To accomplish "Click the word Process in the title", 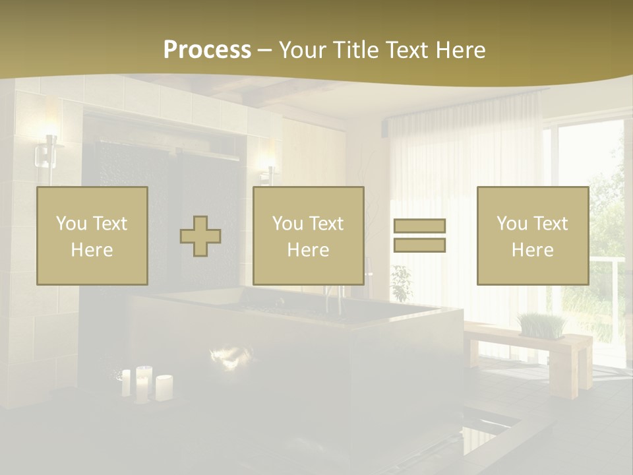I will point(207,49).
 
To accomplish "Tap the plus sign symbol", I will point(200,236).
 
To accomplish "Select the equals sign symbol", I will point(419,236).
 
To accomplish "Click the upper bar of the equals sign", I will point(419,226).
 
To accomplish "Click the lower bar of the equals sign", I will point(419,245).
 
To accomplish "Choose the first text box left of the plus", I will point(92,236).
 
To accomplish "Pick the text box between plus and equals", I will point(308,236).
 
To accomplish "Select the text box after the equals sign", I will point(532,236).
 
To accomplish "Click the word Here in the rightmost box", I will point(532,250).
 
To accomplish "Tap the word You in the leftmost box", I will point(71,223).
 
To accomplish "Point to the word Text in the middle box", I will point(326,223).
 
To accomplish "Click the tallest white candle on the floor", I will point(143,383).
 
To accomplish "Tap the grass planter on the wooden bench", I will point(541,326).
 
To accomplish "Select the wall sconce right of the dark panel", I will point(268,169).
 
